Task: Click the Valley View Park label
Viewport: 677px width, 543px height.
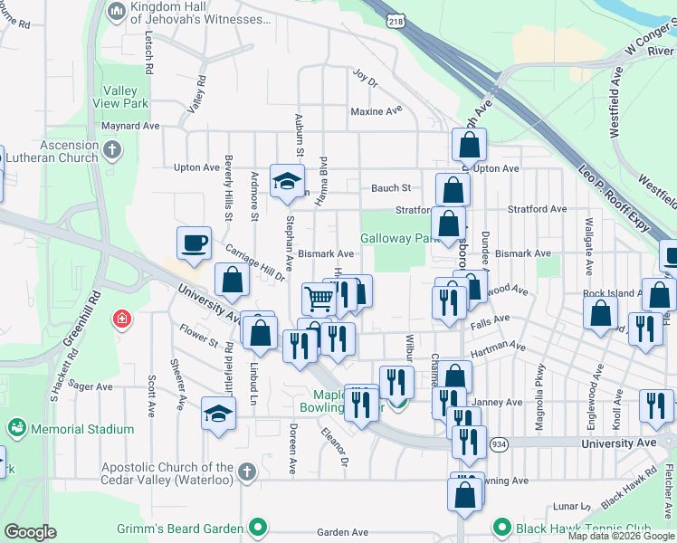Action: (120, 97)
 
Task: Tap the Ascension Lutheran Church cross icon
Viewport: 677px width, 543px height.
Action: (112, 149)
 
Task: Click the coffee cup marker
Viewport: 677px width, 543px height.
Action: (195, 242)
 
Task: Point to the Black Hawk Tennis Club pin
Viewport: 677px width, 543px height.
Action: (502, 528)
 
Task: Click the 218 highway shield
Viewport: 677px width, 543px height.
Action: (395, 19)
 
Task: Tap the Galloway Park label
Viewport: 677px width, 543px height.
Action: (399, 238)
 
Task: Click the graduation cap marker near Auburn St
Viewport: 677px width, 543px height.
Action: (287, 181)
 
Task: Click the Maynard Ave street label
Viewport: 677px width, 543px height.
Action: (130, 127)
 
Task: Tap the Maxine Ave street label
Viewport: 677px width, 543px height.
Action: (376, 111)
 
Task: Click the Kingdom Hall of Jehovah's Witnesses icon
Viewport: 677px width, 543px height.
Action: (116, 12)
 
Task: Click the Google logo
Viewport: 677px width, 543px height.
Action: (30, 532)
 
